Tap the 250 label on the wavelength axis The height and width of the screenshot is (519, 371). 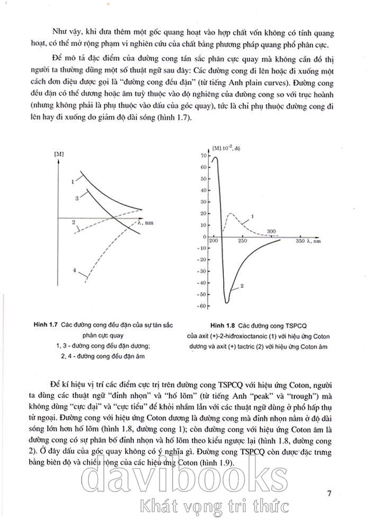point(242,241)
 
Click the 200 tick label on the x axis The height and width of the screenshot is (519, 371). point(214,241)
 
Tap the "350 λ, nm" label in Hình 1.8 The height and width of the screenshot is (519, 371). point(308,241)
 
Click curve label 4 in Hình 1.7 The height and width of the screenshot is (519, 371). point(74,271)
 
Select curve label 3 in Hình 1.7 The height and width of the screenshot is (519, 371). point(77,198)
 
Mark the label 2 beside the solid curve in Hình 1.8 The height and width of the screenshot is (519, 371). point(241,287)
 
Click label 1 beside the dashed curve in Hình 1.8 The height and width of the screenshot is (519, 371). point(252,216)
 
